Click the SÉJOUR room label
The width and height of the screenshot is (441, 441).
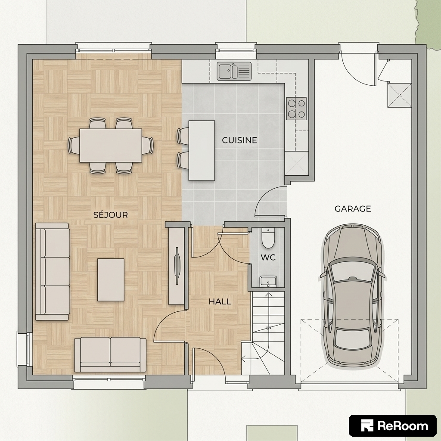pos(111,214)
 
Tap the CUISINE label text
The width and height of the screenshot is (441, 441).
pos(239,140)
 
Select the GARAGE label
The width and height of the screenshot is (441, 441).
pos(353,209)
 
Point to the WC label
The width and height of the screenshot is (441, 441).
pos(268,258)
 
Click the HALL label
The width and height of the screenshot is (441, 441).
pos(220,302)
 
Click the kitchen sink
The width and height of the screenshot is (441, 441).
pos(234,71)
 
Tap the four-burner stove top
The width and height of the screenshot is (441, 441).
pos(296,109)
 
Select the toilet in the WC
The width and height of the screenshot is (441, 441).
pos(268,238)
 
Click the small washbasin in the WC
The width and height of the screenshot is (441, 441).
pos(268,281)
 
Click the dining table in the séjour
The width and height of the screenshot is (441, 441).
pos(111,146)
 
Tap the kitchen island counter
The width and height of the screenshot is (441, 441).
pos(202,150)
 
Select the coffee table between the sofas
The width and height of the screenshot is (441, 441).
pos(111,280)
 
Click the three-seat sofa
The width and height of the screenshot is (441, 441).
pos(52,272)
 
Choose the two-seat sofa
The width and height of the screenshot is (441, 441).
pos(110,354)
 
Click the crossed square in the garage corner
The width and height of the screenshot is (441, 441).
pos(399,95)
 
